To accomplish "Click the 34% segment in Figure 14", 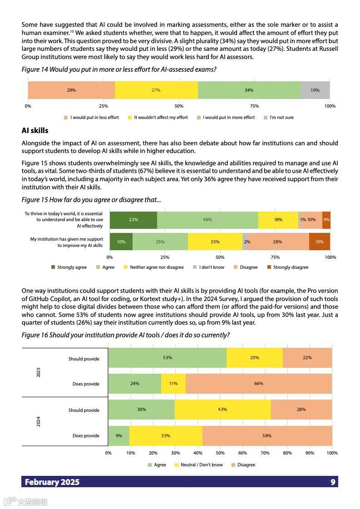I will pyautogui.click(x=249, y=90).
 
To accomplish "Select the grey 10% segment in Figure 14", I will pyautogui.click(x=315, y=90).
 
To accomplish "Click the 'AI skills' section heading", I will pyautogui.click(x=35, y=131).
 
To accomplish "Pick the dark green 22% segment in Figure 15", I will pyautogui.click(x=133, y=220).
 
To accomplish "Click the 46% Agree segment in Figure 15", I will pyautogui.click(x=207, y=220).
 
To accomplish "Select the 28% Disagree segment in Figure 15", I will pyautogui.click(x=277, y=242).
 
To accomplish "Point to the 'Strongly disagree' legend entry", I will pyautogui.click(x=288, y=267).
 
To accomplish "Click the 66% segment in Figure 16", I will pyautogui.click(x=258, y=384).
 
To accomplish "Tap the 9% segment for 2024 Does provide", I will pyautogui.click(x=118, y=436).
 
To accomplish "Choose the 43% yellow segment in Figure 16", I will pyautogui.click(x=222, y=410).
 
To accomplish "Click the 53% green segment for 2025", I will pyautogui.click(x=167, y=358).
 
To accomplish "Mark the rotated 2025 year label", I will pyautogui.click(x=38, y=372).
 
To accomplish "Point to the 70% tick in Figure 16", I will pyautogui.click(x=265, y=453).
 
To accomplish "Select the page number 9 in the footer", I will pyautogui.click(x=333, y=482).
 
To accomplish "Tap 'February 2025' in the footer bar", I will pyautogui.click(x=52, y=482).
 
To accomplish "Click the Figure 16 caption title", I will pyautogui.click(x=126, y=335).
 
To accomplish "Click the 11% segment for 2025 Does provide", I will pyautogui.click(x=173, y=384).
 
